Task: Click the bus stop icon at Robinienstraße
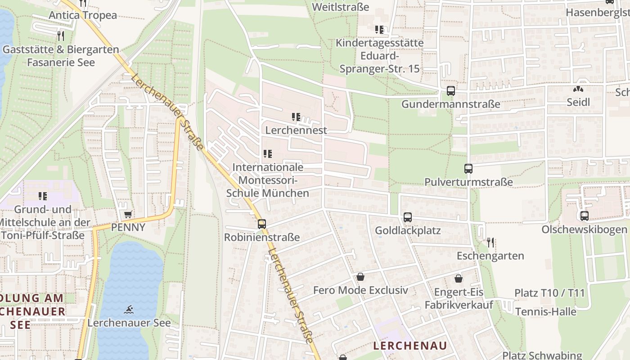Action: click(x=262, y=224)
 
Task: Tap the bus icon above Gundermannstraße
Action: click(x=451, y=91)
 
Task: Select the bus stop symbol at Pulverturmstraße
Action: click(x=468, y=169)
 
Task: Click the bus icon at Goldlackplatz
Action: click(x=408, y=217)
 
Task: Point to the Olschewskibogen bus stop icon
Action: click(x=585, y=216)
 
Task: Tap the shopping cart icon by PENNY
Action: click(x=128, y=215)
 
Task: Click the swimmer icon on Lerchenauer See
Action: click(x=129, y=310)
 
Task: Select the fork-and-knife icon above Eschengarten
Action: click(x=490, y=243)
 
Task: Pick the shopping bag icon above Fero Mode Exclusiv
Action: click(x=360, y=277)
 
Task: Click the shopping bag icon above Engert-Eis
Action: click(x=459, y=279)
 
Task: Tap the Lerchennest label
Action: click(x=296, y=130)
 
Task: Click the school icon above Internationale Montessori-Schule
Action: click(x=268, y=154)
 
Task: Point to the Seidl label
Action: click(x=578, y=102)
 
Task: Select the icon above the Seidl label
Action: click(x=578, y=89)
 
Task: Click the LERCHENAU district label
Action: click(x=410, y=346)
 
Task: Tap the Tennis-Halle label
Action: click(x=545, y=311)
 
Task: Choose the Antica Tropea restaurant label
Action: click(x=83, y=15)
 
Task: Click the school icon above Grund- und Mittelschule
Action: click(x=43, y=196)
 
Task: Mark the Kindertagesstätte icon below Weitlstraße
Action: click(x=379, y=30)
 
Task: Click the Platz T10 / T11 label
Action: click(x=549, y=293)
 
